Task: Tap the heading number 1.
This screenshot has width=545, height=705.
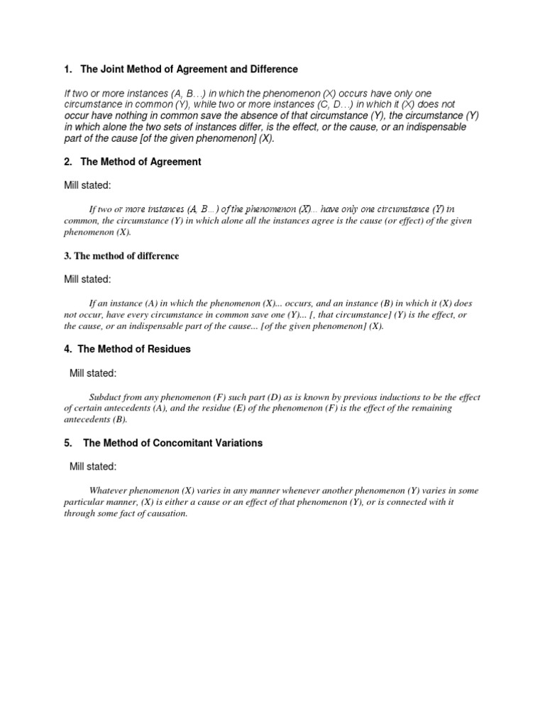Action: click(67, 69)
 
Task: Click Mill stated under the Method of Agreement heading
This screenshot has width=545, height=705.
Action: click(87, 185)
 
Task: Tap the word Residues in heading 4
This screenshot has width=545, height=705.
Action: click(170, 349)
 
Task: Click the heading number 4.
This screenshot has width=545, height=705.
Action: click(67, 349)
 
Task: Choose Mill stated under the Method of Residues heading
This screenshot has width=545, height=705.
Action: click(93, 372)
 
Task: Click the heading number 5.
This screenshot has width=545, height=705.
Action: click(67, 443)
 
